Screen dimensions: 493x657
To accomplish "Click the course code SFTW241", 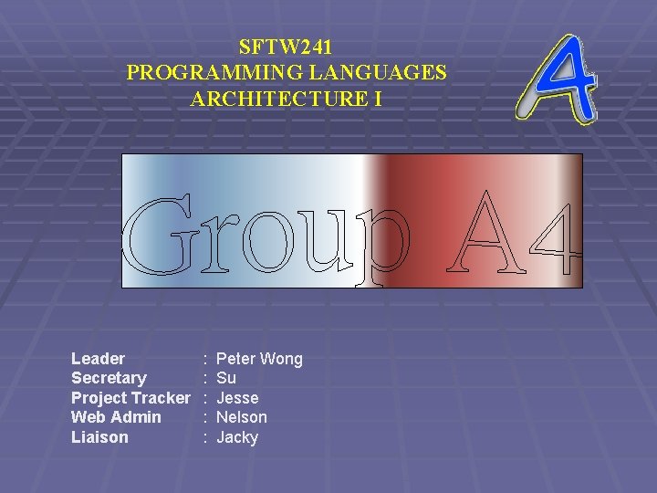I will tap(286, 45).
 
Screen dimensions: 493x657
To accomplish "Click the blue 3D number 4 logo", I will tap(558, 79).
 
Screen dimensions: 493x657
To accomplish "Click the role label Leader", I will tap(98, 359).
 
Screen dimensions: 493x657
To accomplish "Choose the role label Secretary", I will tap(109, 378).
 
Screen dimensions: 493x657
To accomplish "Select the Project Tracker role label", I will tap(130, 398).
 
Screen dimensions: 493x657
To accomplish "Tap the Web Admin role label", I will tap(116, 417).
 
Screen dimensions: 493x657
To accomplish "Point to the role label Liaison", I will tap(99, 437).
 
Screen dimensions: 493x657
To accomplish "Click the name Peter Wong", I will tap(259, 359).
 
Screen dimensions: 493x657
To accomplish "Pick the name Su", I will tap(226, 378).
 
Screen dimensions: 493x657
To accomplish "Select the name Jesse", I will tap(237, 398).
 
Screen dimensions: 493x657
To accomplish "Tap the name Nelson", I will tap(242, 417).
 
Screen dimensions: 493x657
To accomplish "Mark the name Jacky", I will tap(237, 437).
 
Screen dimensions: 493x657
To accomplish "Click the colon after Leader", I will tap(206, 359).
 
